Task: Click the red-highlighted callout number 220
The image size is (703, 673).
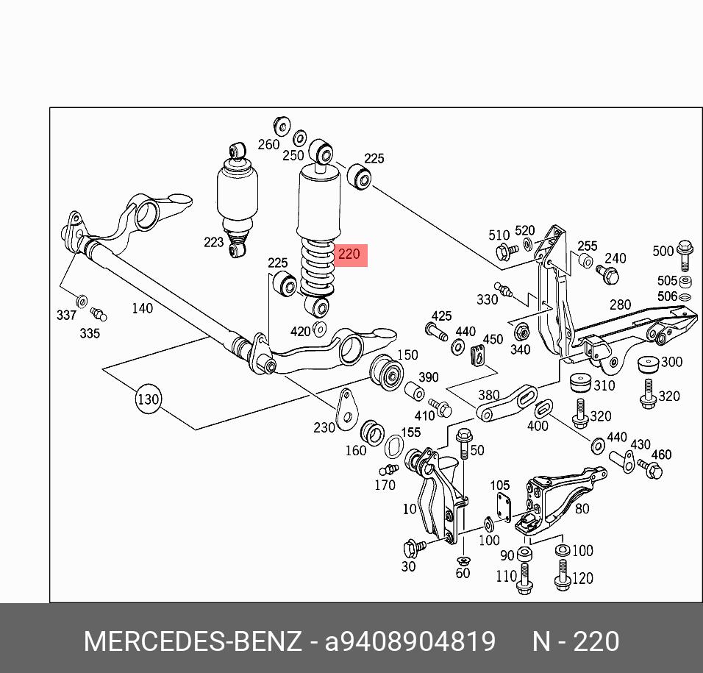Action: point(349,254)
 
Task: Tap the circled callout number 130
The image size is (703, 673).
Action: point(148,399)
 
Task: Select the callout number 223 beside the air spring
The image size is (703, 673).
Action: point(213,242)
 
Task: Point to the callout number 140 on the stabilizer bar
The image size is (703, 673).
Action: point(142,308)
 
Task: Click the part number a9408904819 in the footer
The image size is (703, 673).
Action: point(410,641)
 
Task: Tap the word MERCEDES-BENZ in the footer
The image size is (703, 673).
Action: point(193,641)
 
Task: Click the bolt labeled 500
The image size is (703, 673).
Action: point(685,255)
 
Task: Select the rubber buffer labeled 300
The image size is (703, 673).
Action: point(649,364)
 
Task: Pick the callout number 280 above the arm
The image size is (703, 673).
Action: point(620,305)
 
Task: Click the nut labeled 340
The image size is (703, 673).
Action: point(521,331)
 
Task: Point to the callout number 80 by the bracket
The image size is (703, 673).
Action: point(582,508)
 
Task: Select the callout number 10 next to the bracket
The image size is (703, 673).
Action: point(410,509)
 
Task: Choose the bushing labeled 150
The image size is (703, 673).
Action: point(386,372)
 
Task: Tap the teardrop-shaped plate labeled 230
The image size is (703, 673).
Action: point(347,409)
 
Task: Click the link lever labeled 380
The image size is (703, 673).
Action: point(507,403)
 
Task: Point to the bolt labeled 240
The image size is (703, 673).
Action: point(607,274)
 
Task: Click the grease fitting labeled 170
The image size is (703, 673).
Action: point(388,470)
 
